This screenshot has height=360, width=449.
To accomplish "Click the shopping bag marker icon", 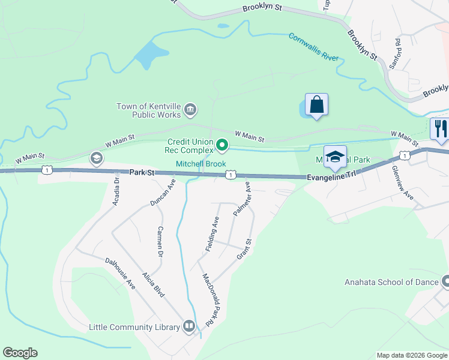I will coord(316,105).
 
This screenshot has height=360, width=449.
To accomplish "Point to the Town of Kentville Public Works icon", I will coord(190,109).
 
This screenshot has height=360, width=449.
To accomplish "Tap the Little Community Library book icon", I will coord(189,326).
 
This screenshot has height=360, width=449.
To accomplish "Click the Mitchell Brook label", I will coord(200,164).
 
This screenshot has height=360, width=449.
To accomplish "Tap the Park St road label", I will coord(142,173).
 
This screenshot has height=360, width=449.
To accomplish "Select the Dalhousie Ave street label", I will coord(120,273).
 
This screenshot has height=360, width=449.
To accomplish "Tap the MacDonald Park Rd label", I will coord(208,299).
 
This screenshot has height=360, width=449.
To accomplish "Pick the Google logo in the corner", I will coord(20,353).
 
